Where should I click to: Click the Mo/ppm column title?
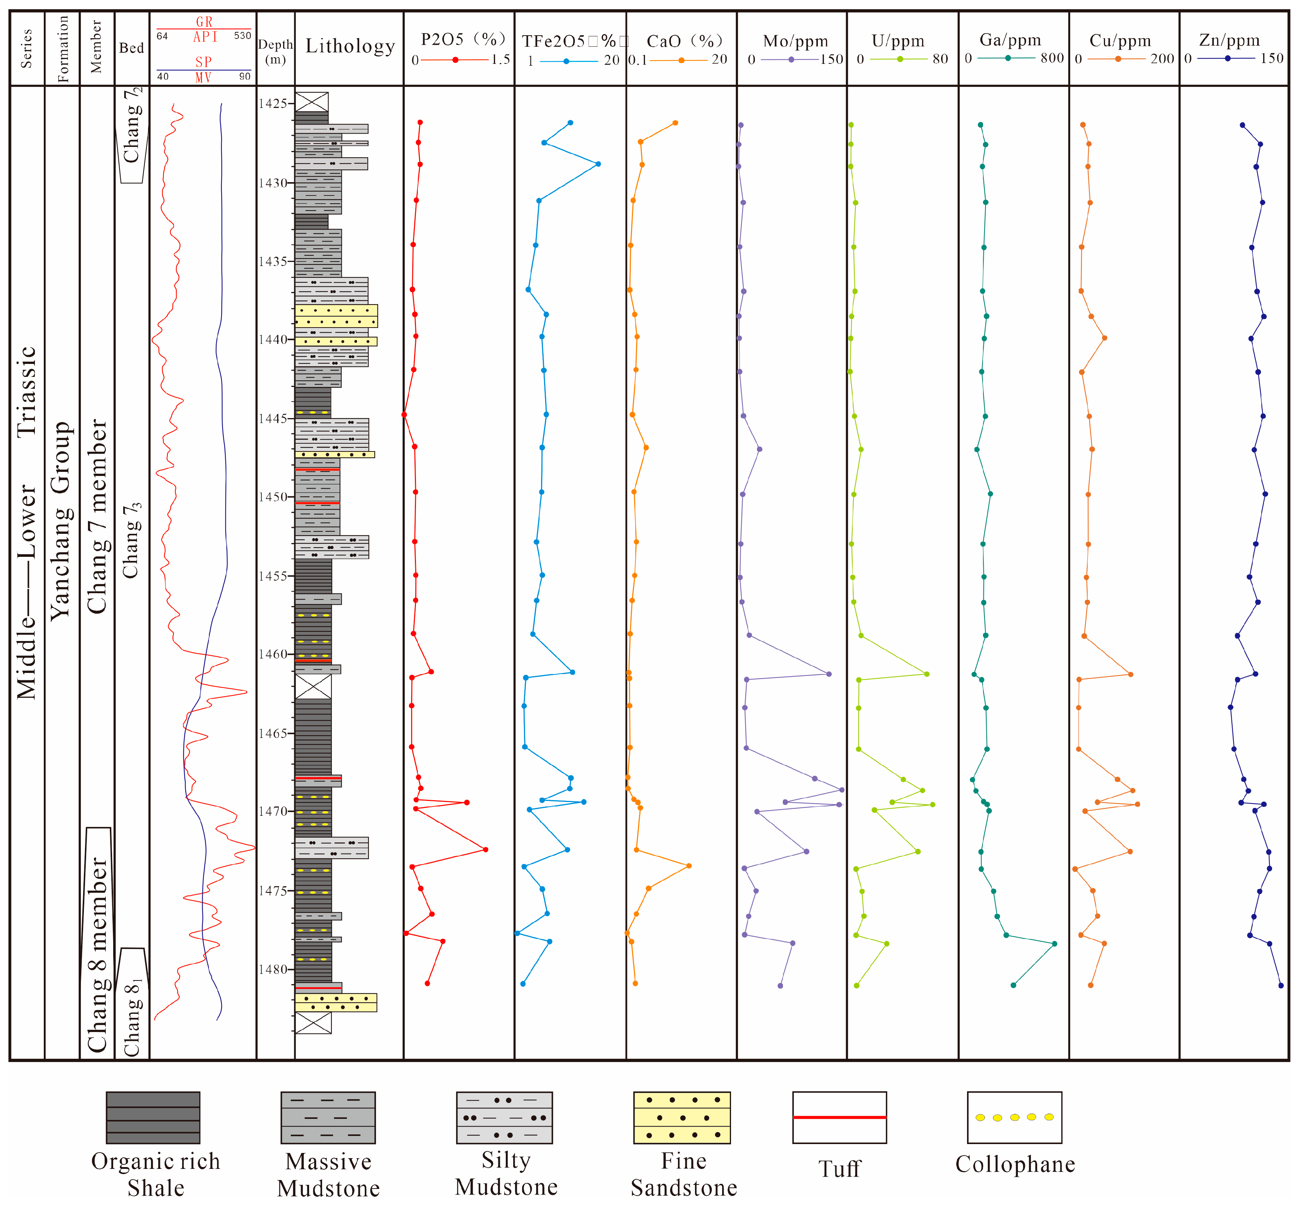(795, 41)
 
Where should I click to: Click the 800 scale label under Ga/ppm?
(1052, 59)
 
